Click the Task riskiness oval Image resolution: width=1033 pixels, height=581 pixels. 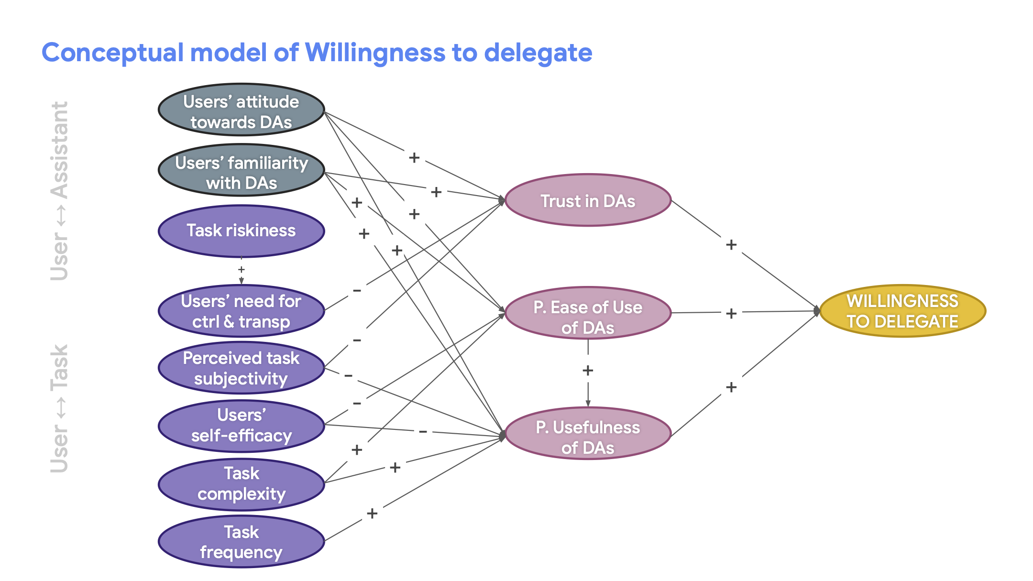(242, 231)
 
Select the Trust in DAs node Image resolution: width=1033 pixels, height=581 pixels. (588, 200)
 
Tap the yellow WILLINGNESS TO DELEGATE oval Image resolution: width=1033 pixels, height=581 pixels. (902, 311)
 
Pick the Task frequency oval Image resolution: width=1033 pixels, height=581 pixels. (242, 542)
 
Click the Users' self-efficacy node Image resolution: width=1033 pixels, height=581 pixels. (242, 426)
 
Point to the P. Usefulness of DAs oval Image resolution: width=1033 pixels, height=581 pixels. (588, 434)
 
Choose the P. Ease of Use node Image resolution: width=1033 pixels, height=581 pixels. (588, 313)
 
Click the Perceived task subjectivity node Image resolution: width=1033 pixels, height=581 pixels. (242, 368)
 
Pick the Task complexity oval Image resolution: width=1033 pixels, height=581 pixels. (242, 483)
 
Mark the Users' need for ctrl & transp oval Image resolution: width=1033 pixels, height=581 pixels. (242, 311)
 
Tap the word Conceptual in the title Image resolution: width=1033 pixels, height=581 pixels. (112, 53)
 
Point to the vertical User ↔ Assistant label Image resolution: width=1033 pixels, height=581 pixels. (60, 191)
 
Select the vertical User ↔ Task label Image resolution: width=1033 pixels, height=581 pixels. (60, 409)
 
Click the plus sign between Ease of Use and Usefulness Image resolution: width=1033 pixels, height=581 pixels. (588, 371)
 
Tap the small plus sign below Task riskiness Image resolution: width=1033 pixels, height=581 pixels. (242, 270)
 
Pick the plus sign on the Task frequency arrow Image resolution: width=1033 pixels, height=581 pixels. (372, 514)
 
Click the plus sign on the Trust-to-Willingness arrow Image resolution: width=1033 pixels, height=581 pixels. (731, 245)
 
